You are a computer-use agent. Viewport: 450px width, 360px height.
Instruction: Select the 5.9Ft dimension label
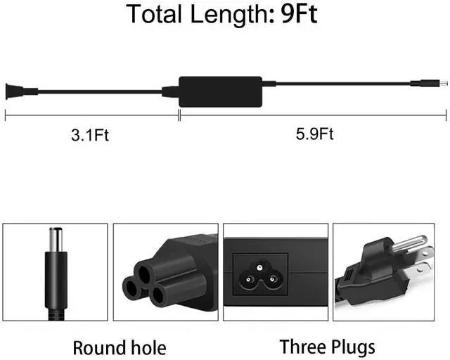coord(314,134)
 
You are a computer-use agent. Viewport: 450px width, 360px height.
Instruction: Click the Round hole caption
coord(120,347)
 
